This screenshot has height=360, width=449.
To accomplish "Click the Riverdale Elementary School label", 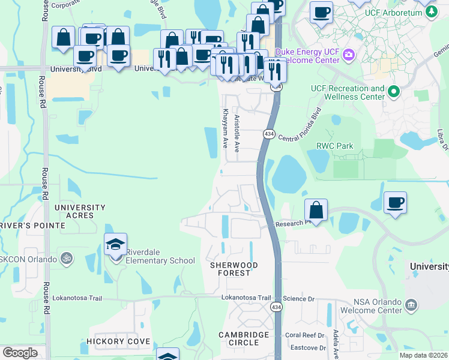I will (x=160, y=260).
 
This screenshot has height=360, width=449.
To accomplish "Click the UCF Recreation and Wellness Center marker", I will (x=394, y=92).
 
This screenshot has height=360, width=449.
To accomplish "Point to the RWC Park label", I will (x=334, y=146).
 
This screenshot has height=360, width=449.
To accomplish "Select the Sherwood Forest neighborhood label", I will (x=234, y=269).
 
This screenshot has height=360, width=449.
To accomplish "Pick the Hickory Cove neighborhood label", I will (x=113, y=341).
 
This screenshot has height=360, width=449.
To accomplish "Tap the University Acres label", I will (x=80, y=211).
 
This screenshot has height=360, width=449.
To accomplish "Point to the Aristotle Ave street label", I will (x=237, y=133).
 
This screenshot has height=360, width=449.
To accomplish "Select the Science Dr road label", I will (x=299, y=298).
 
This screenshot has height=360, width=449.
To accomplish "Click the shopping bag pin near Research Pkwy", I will (x=316, y=210).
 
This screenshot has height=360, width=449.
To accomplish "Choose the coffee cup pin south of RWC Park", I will (x=395, y=203).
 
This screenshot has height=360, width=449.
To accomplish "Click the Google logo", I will (x=20, y=353).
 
